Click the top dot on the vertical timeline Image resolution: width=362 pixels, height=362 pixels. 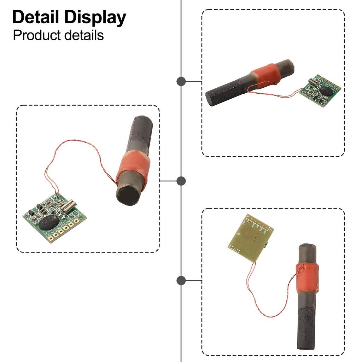pos(181,81)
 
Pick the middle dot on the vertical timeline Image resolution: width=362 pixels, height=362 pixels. pos(181,181)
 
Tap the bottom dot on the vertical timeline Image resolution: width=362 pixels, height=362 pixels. pos(181,281)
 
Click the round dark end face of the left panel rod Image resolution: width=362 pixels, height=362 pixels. pos(129,195)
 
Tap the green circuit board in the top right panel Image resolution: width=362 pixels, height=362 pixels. pos(320,91)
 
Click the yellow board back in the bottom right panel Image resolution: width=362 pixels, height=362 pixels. pos(249,239)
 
